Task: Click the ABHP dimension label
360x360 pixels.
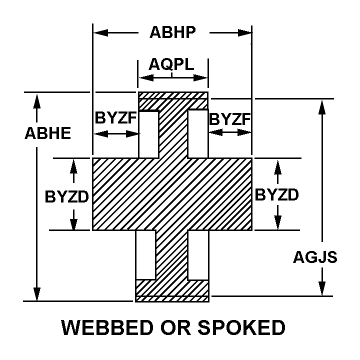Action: click(x=172, y=32)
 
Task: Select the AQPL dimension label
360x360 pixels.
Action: click(x=171, y=64)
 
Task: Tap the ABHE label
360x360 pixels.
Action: click(x=48, y=133)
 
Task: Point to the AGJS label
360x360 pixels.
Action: click(x=315, y=257)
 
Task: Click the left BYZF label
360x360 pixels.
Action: click(x=116, y=118)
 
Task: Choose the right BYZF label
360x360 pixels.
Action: click(x=229, y=119)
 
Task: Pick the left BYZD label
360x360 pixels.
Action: click(x=67, y=197)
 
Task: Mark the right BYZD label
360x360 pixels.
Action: click(x=277, y=194)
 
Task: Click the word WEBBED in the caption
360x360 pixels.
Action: click(x=107, y=327)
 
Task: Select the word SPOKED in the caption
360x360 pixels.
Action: click(x=241, y=327)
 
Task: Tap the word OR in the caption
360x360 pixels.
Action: click(x=176, y=327)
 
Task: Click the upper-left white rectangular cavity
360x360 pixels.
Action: click(x=149, y=134)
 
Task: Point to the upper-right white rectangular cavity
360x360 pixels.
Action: click(x=198, y=133)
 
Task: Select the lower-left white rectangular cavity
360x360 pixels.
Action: click(x=146, y=255)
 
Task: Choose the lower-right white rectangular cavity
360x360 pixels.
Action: click(x=198, y=255)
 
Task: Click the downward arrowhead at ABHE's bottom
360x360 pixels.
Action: click(x=36, y=294)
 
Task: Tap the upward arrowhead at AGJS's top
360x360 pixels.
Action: click(x=322, y=107)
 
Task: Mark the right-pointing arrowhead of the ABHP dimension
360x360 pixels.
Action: click(x=244, y=32)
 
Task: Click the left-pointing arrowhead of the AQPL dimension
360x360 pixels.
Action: click(x=146, y=78)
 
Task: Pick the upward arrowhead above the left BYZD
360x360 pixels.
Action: click(x=73, y=166)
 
